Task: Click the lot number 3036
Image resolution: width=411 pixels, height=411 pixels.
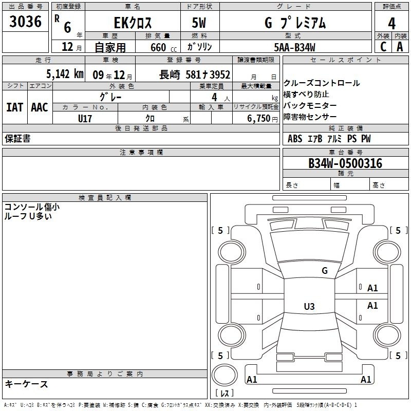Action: point(25,21)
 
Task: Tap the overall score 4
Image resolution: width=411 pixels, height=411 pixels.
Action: point(391,23)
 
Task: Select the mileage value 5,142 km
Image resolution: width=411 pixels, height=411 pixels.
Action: point(65,74)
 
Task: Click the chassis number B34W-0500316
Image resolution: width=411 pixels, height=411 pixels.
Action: point(345,163)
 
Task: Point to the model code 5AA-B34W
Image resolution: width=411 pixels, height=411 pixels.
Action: point(294,47)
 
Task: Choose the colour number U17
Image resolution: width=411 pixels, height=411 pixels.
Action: point(85,119)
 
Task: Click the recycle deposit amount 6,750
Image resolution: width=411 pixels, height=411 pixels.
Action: point(259,119)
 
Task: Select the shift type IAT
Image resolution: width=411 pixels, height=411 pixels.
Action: point(15,107)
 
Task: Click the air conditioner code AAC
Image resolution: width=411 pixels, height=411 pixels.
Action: point(40,107)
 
